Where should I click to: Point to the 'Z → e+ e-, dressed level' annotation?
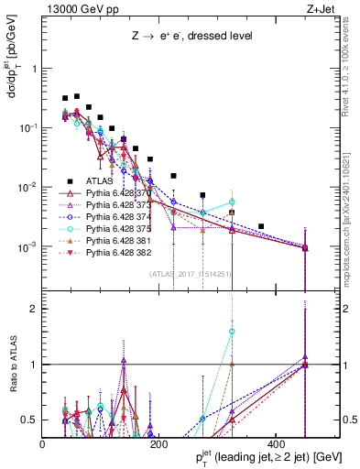(182, 37)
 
